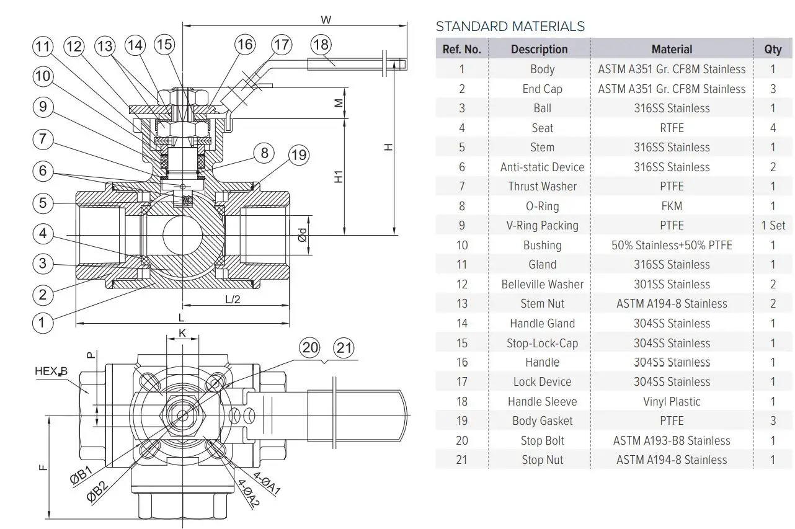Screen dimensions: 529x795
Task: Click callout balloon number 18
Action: click(x=321, y=45)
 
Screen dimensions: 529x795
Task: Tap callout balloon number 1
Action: click(x=42, y=322)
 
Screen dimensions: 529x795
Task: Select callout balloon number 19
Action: click(x=299, y=154)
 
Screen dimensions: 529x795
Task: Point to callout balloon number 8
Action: click(x=264, y=153)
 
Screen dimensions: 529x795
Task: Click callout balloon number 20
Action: click(x=309, y=348)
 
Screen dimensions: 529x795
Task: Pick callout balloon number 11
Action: click(x=42, y=47)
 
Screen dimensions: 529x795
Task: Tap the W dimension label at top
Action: click(x=326, y=19)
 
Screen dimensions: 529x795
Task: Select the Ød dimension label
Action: click(x=302, y=235)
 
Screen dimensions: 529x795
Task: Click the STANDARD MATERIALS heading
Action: click(x=510, y=26)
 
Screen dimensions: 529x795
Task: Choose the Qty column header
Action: click(x=773, y=49)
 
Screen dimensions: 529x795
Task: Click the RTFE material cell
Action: click(x=672, y=128)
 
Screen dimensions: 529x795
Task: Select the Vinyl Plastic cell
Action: click(x=672, y=401)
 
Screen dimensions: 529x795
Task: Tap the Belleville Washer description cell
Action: click(x=542, y=284)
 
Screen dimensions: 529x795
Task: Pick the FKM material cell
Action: click(x=672, y=206)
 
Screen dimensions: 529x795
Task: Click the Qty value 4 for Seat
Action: click(x=773, y=128)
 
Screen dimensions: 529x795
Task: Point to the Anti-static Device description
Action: click(x=542, y=167)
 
